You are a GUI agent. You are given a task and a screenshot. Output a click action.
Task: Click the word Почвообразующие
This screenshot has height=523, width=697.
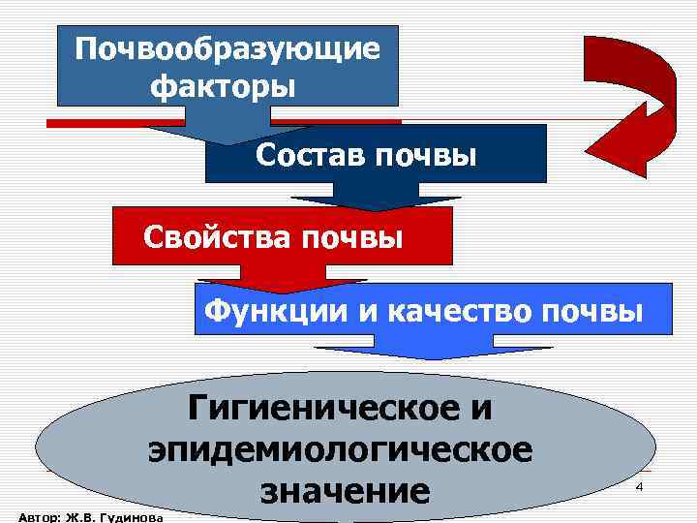228,48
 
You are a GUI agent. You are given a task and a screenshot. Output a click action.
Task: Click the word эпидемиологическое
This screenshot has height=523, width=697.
340,449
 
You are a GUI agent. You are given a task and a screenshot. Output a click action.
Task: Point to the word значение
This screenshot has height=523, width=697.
345,491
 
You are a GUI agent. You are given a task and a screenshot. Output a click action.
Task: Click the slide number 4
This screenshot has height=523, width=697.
639,487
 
